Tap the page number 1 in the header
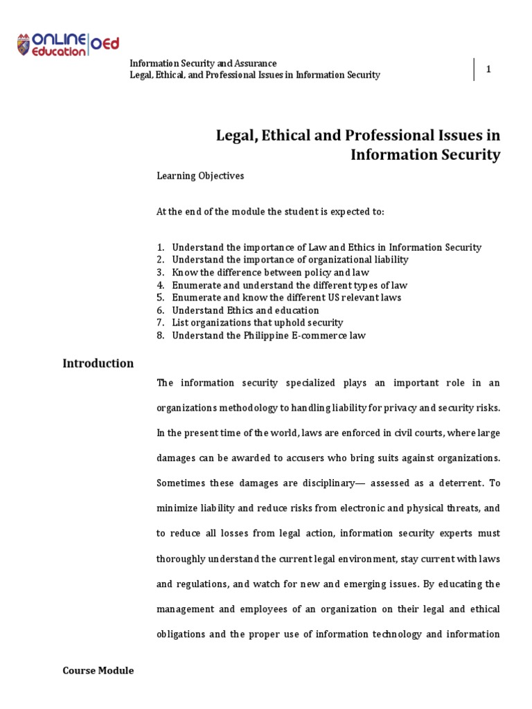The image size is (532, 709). [x=488, y=69]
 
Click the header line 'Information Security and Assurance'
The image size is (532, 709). [x=204, y=63]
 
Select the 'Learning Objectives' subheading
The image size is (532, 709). [x=200, y=176]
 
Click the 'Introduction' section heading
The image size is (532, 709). [x=98, y=364]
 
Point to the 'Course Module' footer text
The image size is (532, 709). [x=98, y=670]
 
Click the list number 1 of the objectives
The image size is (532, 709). [x=160, y=247]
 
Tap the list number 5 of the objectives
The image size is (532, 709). [x=160, y=298]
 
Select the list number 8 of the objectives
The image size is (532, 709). [x=160, y=336]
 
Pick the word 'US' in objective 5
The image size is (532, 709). [x=335, y=298]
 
